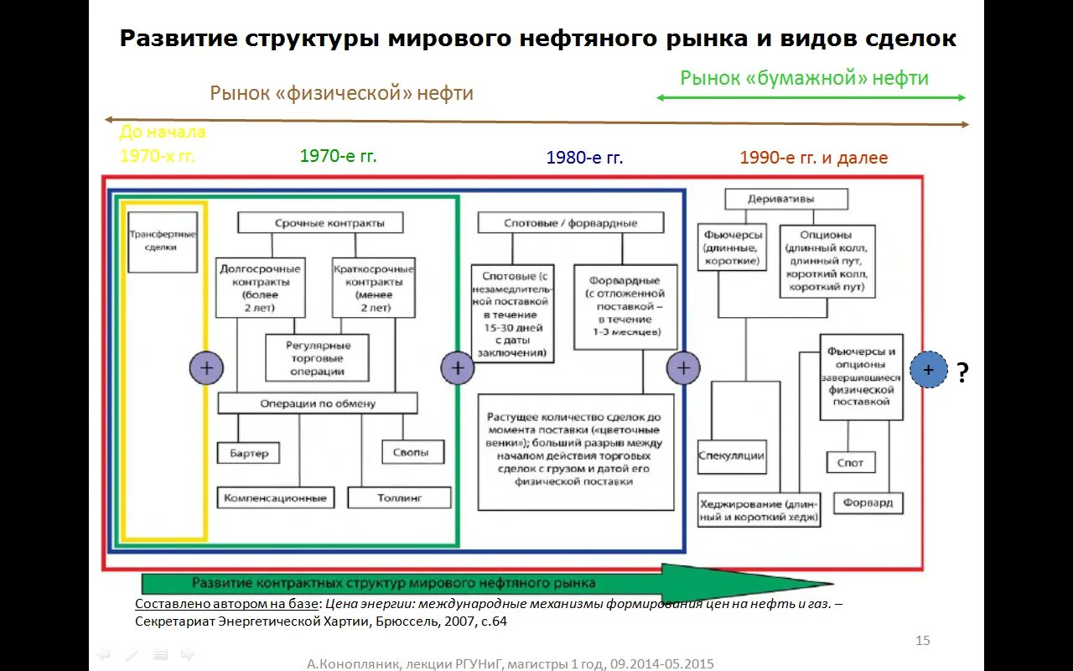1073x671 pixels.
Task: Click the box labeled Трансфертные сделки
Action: [x=163, y=242]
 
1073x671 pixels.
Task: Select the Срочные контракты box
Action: [x=320, y=222]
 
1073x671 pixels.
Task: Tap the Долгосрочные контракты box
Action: [x=260, y=288]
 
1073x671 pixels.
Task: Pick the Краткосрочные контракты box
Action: [x=374, y=288]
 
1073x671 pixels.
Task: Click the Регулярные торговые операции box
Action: [x=318, y=358]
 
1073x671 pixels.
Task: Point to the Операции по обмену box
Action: [x=318, y=403]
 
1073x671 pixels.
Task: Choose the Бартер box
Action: [x=248, y=453]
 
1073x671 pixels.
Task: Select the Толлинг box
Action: [x=399, y=497]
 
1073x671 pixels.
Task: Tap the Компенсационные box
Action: [x=275, y=497]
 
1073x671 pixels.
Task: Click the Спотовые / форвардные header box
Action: [x=571, y=223]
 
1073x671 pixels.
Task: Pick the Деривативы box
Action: [x=786, y=200]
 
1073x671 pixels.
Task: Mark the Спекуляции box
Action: [x=731, y=455]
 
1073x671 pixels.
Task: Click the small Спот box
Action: [x=850, y=462]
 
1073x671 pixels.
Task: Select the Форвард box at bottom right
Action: [x=868, y=503]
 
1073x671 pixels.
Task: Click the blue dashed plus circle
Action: [x=928, y=370]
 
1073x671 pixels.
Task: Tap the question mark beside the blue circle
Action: [x=962, y=372]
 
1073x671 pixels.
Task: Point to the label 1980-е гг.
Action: [x=584, y=158]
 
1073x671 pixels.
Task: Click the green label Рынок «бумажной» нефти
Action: [x=804, y=78]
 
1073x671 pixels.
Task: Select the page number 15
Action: [x=922, y=641]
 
